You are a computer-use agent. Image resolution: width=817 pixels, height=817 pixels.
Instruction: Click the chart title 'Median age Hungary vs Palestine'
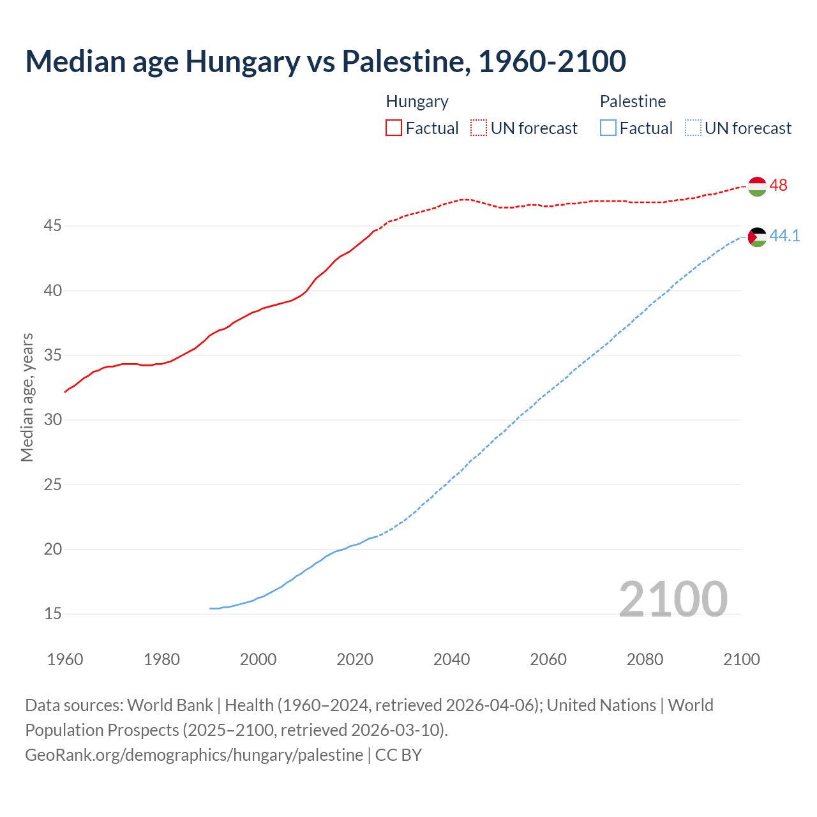click(326, 61)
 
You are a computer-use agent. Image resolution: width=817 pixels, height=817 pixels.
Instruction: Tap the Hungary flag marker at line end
click(757, 186)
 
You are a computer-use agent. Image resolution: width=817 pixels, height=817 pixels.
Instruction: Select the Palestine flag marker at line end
click(757, 237)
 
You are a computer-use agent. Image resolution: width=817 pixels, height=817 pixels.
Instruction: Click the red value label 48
click(778, 185)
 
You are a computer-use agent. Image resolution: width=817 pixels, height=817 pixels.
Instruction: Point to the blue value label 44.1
click(784, 236)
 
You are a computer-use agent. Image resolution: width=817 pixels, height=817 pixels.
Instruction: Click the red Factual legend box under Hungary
click(394, 128)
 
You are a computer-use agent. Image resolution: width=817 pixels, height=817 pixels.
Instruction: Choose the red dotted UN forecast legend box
click(479, 128)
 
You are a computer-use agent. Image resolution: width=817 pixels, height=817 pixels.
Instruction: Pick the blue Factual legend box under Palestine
click(608, 128)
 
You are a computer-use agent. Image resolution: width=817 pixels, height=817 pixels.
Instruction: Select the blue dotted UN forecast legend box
click(693, 128)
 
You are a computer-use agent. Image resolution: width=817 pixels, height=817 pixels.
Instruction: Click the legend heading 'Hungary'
click(417, 101)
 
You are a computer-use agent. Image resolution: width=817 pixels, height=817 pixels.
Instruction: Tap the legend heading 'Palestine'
click(633, 101)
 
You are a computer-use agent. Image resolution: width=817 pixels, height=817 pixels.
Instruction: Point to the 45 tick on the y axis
click(53, 226)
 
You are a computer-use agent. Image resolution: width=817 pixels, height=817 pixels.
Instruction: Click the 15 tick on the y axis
click(53, 614)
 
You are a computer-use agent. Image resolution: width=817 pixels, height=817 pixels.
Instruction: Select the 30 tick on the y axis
click(53, 420)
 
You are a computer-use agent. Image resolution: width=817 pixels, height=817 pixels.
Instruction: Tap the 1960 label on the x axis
click(65, 659)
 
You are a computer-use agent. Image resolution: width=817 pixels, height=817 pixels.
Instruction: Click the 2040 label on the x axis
click(451, 659)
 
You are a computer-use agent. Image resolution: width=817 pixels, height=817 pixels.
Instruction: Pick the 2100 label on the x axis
click(741, 659)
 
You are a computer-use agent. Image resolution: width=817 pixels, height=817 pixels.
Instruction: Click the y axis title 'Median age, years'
click(27, 397)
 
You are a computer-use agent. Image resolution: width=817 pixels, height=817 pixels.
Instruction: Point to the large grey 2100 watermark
click(673, 599)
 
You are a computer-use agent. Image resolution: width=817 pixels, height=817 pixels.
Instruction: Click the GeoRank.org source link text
click(194, 755)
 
